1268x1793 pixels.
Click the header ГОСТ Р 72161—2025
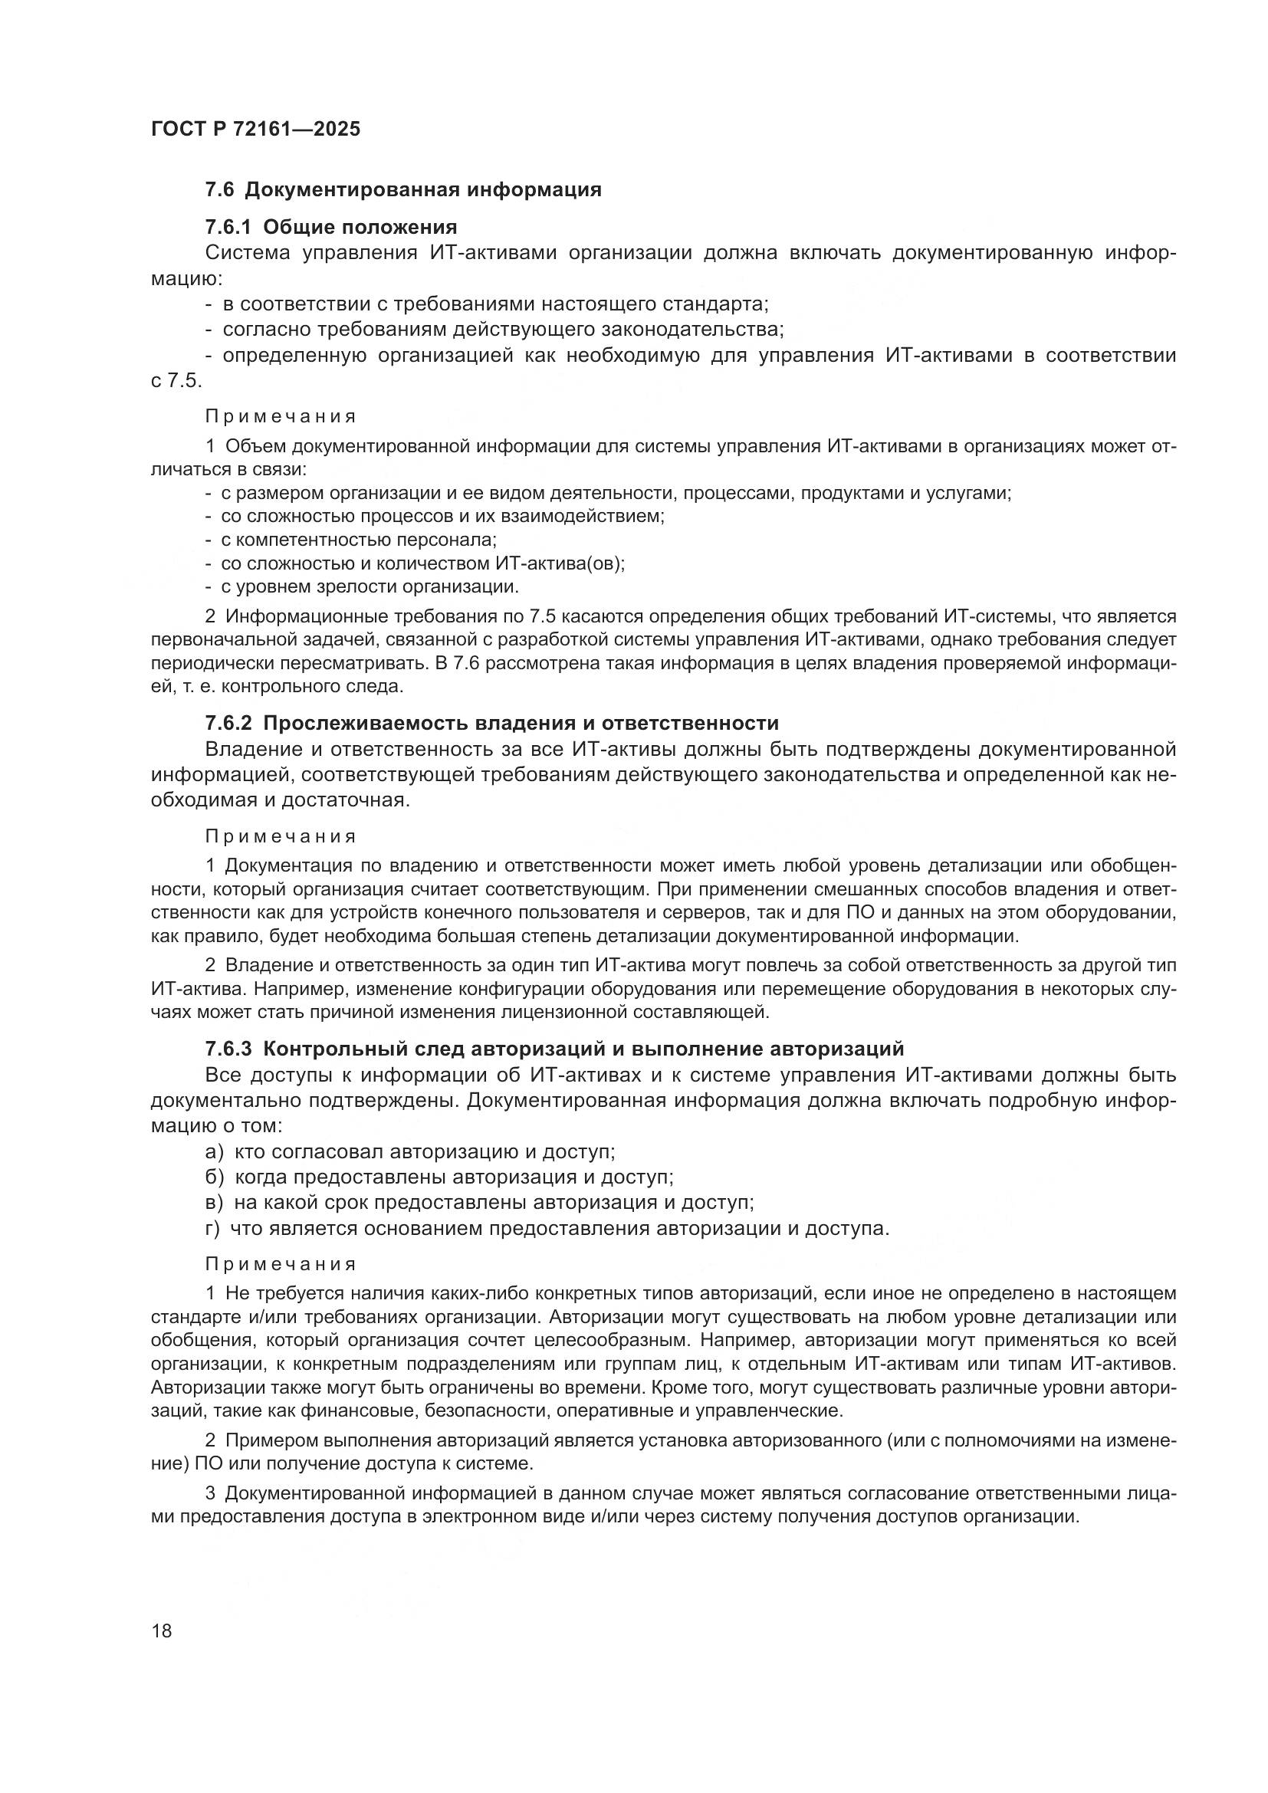pos(255,129)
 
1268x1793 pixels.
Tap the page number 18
pos(162,1630)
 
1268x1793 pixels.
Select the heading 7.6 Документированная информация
pos(403,190)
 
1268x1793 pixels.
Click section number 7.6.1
pos(228,227)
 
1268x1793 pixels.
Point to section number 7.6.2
pos(228,722)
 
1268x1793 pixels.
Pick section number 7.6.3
pos(228,1049)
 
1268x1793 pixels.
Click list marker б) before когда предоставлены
pos(215,1177)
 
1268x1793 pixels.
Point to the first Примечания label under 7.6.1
pos(281,417)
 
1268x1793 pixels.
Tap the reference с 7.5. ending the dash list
pos(176,381)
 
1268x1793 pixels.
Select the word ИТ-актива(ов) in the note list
pos(560,563)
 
